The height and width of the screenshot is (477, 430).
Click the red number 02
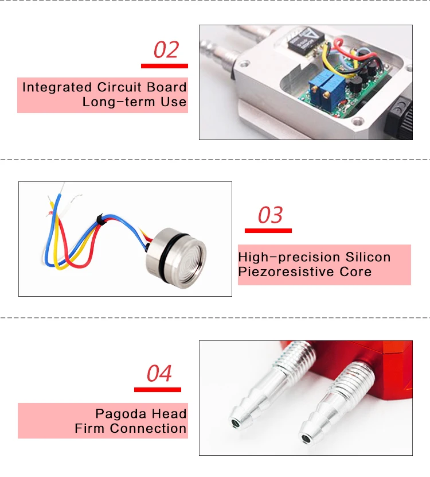(166, 50)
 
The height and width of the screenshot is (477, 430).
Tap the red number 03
(270, 215)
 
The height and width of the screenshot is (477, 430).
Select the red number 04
(159, 374)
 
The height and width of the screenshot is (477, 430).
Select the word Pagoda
(119, 414)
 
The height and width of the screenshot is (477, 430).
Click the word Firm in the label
(90, 429)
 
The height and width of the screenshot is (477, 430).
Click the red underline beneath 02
(165, 66)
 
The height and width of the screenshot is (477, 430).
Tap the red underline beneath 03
(268, 231)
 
